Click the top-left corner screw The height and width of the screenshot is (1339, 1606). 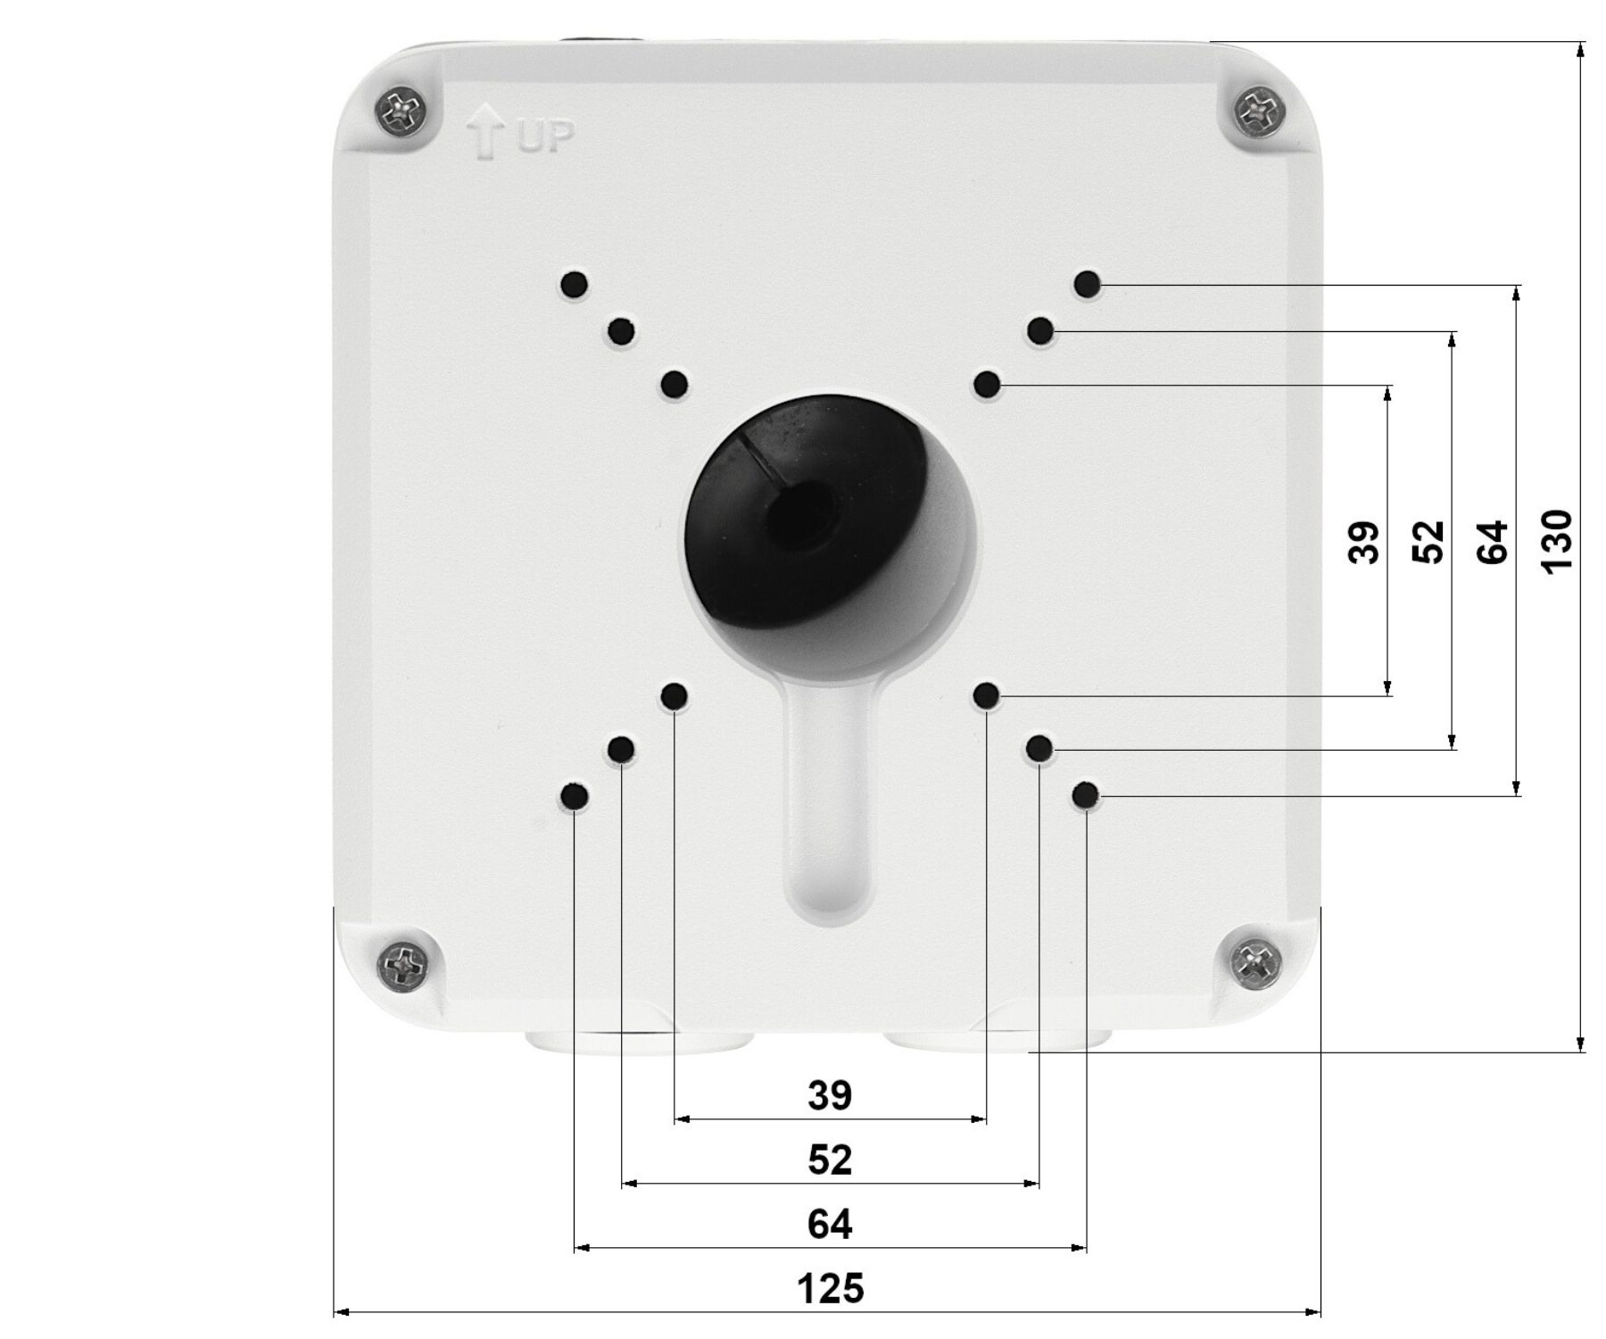[x=401, y=112]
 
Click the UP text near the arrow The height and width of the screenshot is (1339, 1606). [x=542, y=137]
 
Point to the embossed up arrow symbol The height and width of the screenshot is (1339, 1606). [x=485, y=132]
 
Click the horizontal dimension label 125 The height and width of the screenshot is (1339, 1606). [x=830, y=1289]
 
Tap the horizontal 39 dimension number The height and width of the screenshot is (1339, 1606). [x=830, y=1095]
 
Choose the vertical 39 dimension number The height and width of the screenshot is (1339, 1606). [x=1363, y=543]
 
